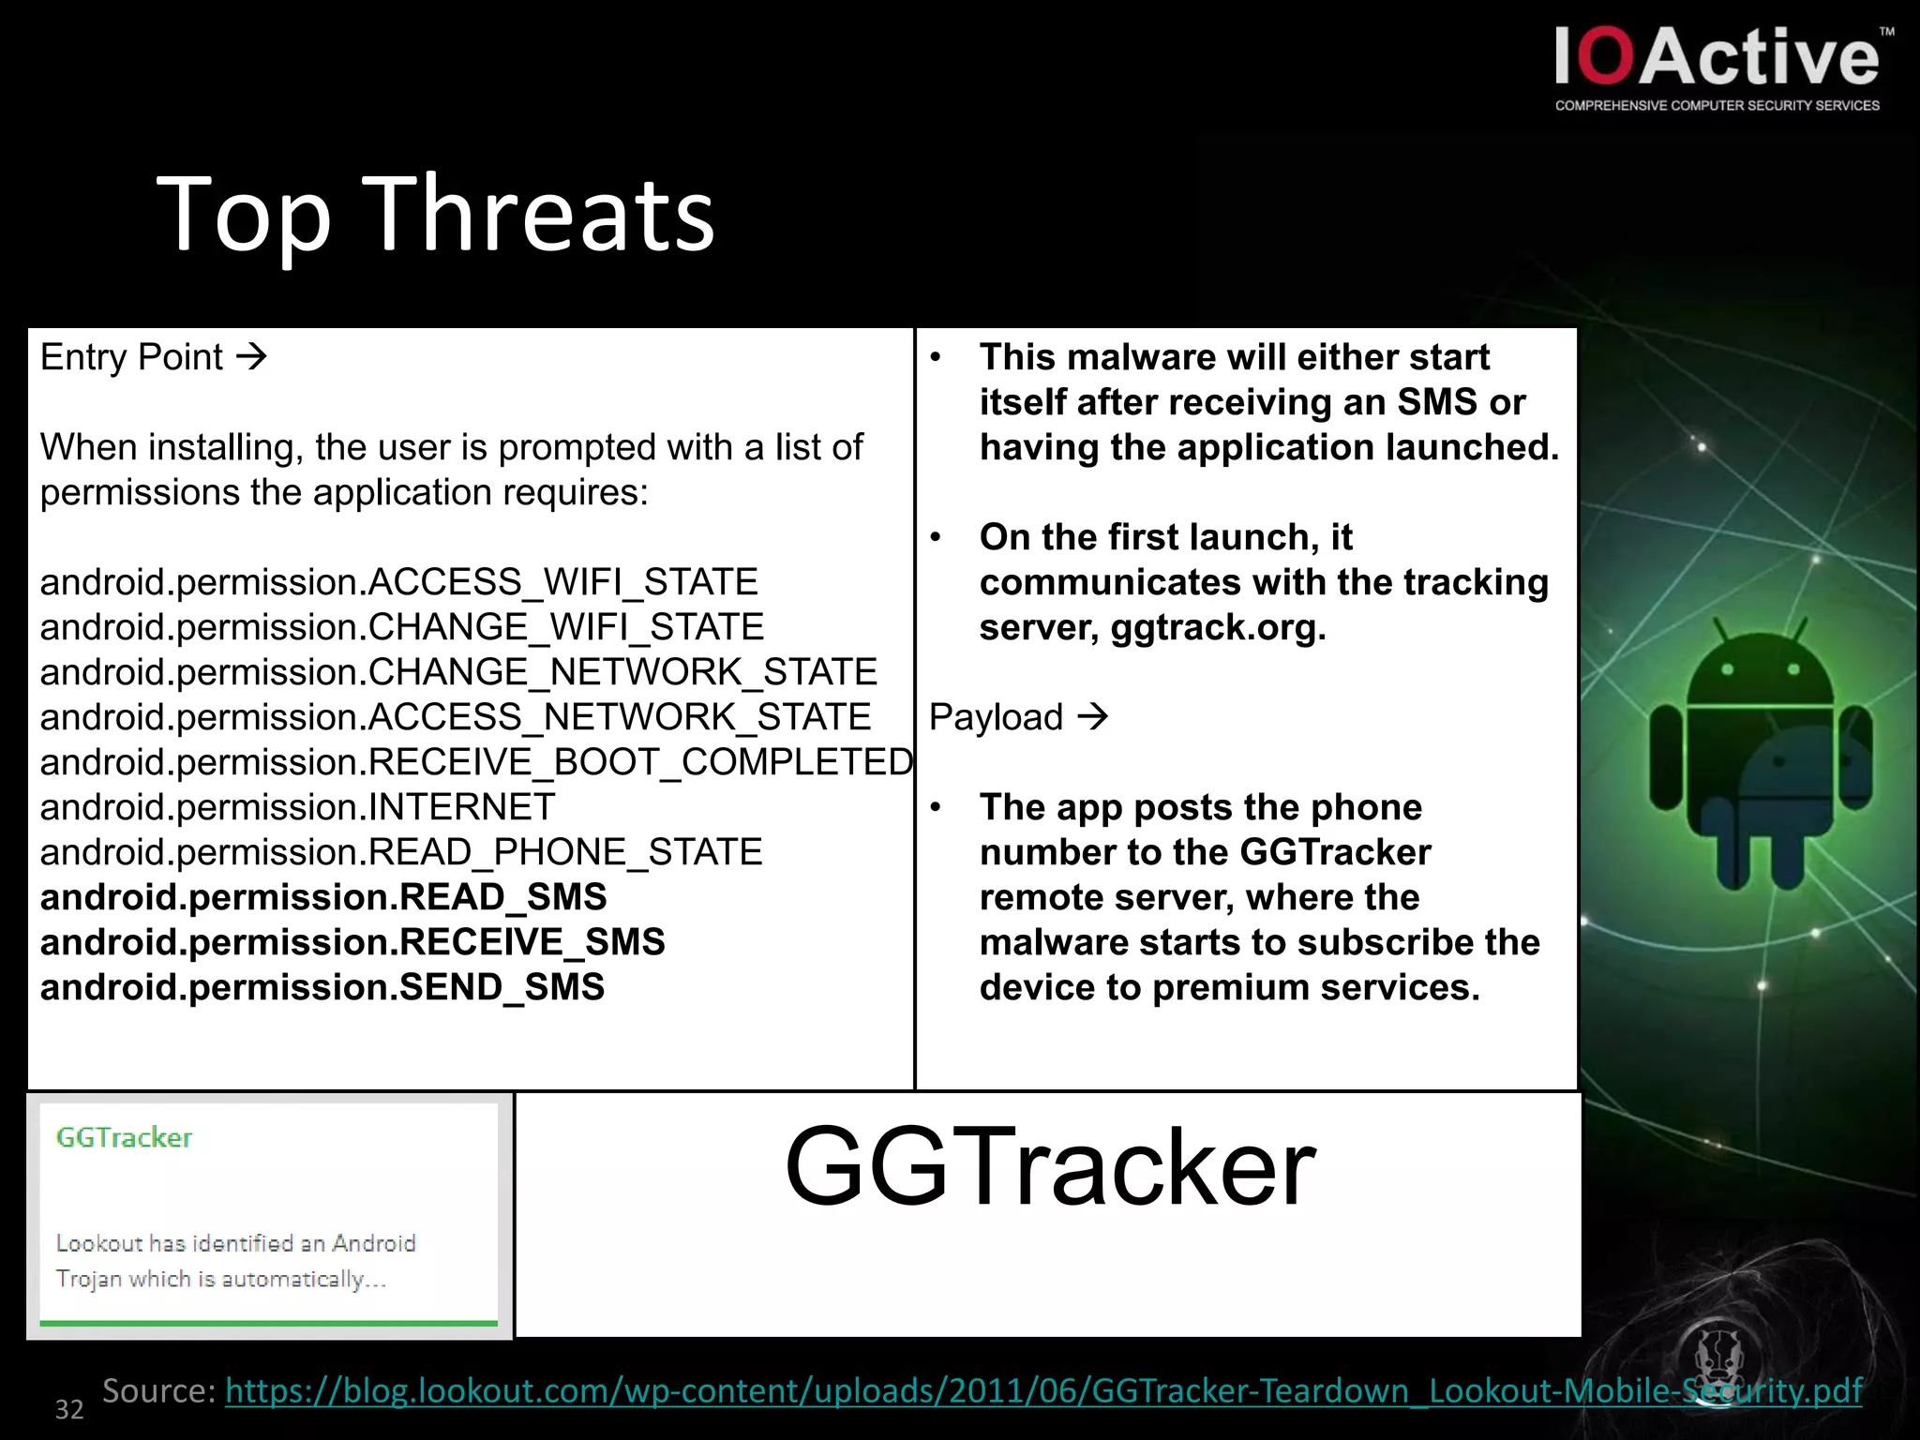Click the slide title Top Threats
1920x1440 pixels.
click(435, 216)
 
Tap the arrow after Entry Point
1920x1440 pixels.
click(251, 357)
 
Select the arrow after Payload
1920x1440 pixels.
click(1092, 717)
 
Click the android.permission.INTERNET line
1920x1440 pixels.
click(297, 807)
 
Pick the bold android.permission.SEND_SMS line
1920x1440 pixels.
click(322, 987)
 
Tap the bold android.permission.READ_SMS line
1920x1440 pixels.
click(323, 897)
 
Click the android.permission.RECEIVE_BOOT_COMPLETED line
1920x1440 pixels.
click(476, 762)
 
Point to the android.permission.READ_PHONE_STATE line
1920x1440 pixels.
click(401, 852)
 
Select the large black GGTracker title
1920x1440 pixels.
click(1050, 1167)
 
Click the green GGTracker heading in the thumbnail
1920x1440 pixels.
click(124, 1137)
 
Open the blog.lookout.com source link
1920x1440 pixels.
click(1043, 1390)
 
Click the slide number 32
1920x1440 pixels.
click(69, 1409)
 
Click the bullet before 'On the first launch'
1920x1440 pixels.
click(936, 537)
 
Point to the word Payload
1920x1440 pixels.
click(996, 717)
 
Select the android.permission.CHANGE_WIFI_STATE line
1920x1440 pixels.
click(402, 627)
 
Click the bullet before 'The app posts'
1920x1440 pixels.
click(936, 807)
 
